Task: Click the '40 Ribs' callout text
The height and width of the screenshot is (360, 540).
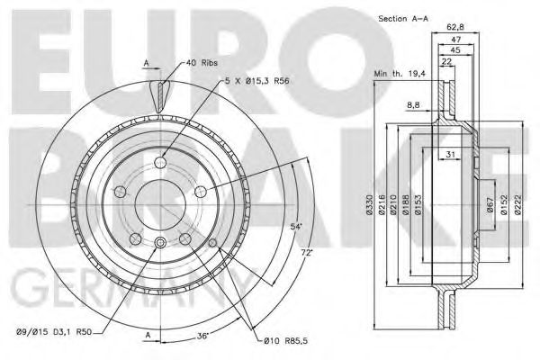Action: [202, 63]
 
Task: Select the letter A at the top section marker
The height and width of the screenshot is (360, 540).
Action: [145, 62]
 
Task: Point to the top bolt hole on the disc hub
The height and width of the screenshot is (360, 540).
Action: [161, 162]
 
